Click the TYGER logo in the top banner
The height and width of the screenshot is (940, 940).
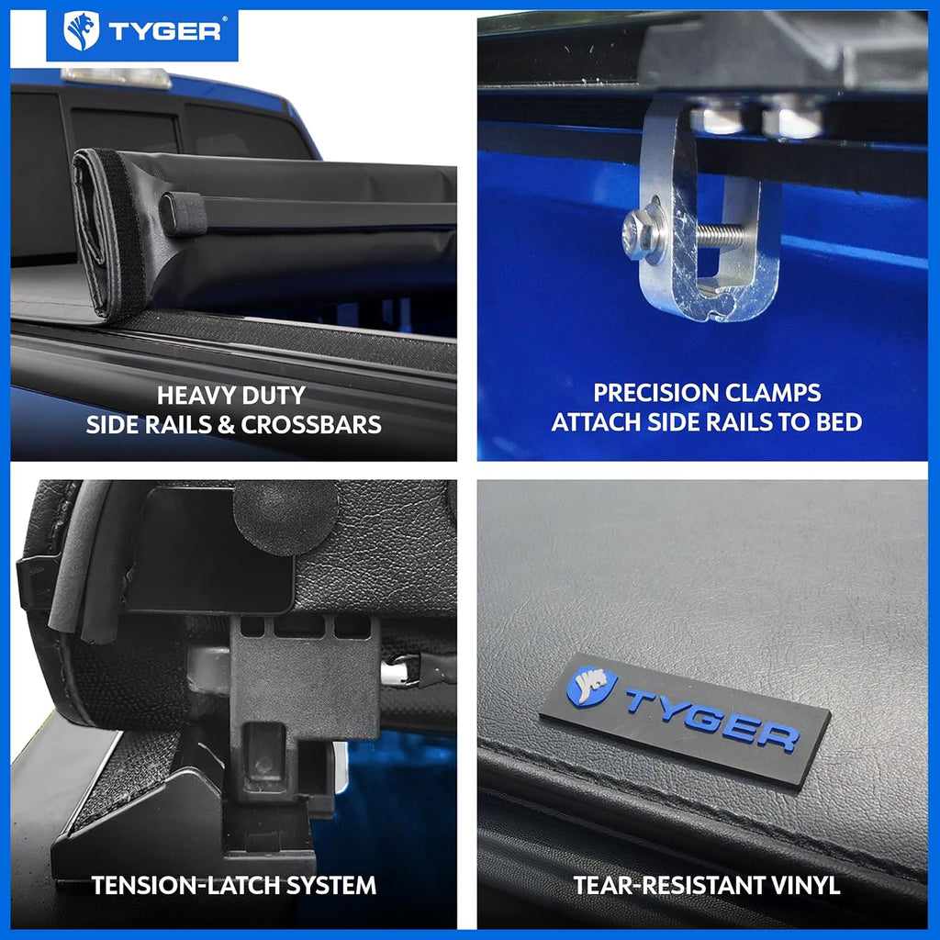[142, 31]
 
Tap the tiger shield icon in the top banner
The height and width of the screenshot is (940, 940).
[81, 31]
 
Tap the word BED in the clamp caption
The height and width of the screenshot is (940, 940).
[838, 422]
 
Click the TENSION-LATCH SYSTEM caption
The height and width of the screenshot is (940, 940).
[233, 885]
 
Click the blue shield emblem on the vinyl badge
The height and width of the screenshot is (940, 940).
[591, 686]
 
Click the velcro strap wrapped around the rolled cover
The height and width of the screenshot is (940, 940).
[184, 214]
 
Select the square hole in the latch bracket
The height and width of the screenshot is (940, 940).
[265, 748]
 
